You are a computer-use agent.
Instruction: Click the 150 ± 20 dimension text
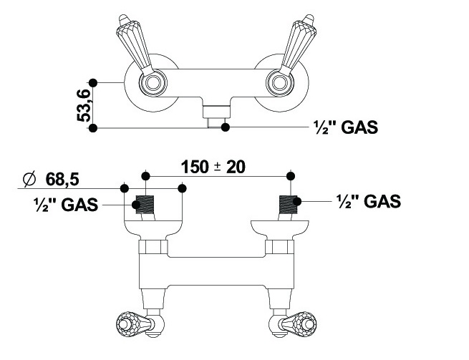point(213,167)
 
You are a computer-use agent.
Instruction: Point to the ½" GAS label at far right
point(368,201)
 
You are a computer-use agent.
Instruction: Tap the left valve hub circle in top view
point(150,84)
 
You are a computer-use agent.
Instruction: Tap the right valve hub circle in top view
point(278,84)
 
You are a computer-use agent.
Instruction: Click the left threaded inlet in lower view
point(145,205)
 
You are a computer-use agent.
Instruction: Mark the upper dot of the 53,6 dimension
point(92,82)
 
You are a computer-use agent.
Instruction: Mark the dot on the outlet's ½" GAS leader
point(226,127)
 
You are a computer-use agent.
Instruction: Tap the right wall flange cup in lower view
point(280,230)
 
